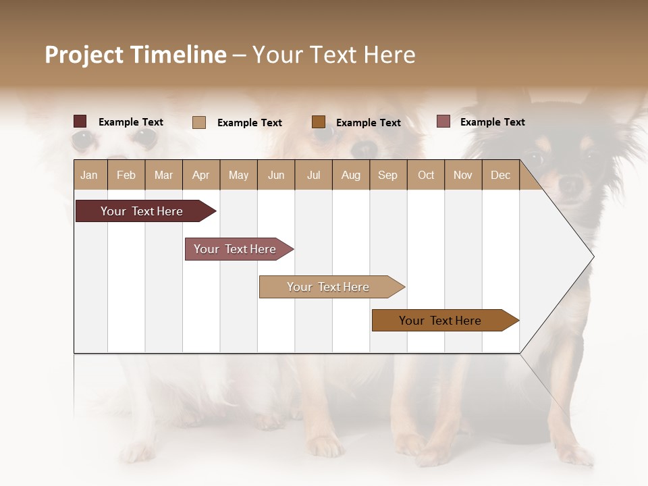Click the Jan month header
(x=89, y=175)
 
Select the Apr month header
(x=200, y=175)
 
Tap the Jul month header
(x=313, y=175)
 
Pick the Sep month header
(x=387, y=175)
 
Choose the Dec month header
(x=500, y=175)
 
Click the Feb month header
(x=126, y=175)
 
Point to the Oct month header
(x=426, y=175)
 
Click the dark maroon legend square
(x=80, y=122)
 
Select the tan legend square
(x=199, y=122)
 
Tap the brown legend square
(x=319, y=122)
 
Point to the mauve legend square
(x=443, y=122)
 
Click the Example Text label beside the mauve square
(x=492, y=122)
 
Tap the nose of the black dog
(x=570, y=182)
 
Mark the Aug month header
(x=350, y=175)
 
